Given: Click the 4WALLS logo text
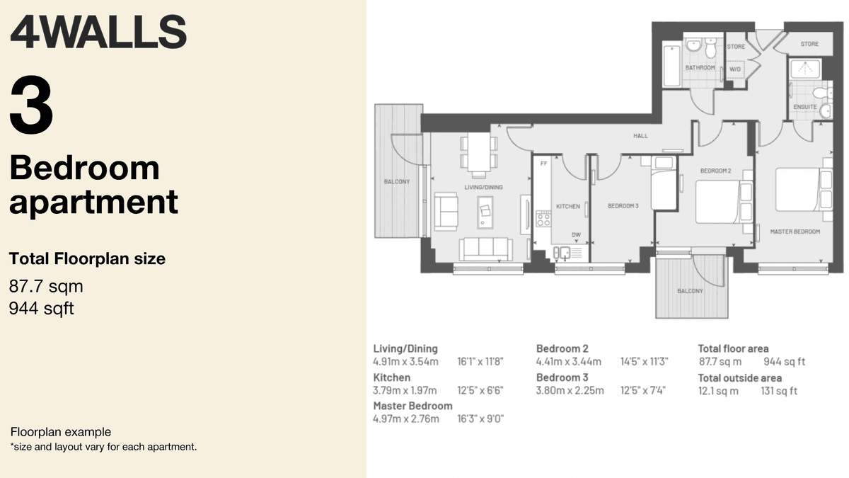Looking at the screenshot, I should [x=98, y=32].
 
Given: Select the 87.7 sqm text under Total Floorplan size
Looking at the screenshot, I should [x=46, y=287].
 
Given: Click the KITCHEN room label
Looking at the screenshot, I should [x=567, y=207].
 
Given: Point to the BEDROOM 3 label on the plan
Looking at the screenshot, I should [x=623, y=207].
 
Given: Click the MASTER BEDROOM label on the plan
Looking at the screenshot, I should [x=795, y=232].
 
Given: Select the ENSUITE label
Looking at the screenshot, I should [x=805, y=107].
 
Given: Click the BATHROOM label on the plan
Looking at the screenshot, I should [x=700, y=68].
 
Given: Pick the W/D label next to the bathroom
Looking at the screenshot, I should [x=734, y=69].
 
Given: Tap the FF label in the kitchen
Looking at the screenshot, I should [x=543, y=164].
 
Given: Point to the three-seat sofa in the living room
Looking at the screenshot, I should [x=486, y=248].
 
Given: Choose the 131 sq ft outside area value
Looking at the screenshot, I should [x=779, y=391].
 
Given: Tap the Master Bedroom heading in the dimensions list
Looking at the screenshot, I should [x=412, y=406].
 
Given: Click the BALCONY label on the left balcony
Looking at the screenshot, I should [x=397, y=182].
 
